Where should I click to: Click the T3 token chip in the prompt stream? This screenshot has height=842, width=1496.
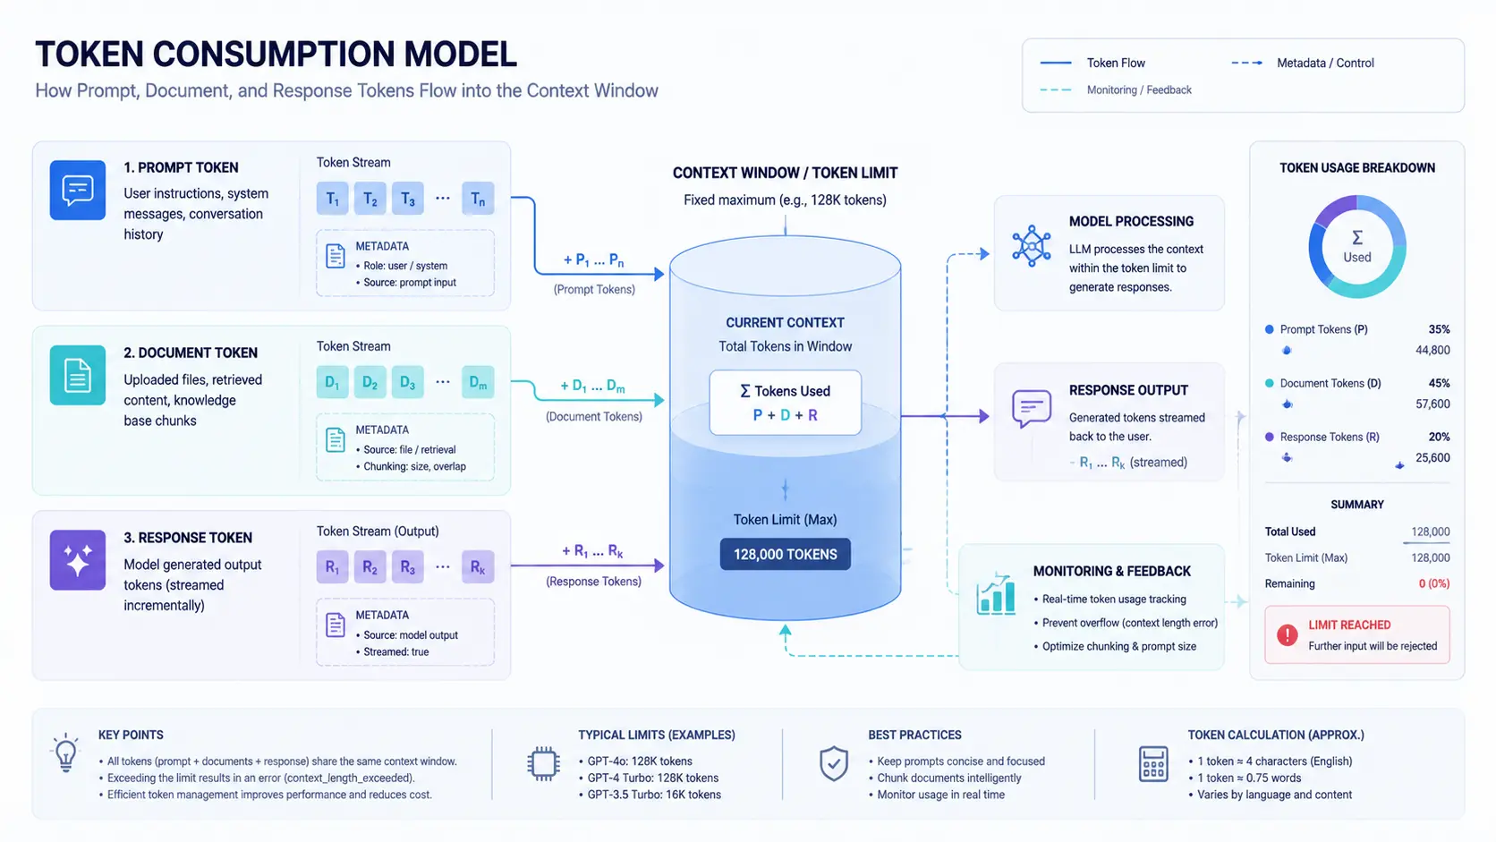tap(407, 199)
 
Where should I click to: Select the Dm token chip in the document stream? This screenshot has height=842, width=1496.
tap(478, 382)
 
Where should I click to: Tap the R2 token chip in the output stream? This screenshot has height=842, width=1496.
tap(370, 567)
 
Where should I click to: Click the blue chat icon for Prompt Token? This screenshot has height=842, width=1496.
tap(78, 191)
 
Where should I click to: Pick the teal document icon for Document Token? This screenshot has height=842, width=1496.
tap(78, 375)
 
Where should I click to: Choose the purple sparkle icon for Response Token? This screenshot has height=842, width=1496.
tap(78, 560)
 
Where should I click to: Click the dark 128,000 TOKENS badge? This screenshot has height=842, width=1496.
tap(786, 554)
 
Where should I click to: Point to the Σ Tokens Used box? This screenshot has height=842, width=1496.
tap(786, 403)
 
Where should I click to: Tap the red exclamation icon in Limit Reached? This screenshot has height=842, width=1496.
tap(1287, 634)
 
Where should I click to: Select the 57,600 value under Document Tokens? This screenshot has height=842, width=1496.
tap(1432, 404)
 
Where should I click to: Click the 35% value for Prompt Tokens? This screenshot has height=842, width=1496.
tap(1440, 329)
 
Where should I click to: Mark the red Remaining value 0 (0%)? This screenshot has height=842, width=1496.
tap(1434, 583)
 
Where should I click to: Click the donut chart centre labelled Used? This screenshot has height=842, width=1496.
tap(1357, 247)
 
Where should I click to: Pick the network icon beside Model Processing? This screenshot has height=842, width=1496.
tap(1032, 246)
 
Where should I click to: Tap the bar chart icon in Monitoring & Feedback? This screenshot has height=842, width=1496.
tap(996, 593)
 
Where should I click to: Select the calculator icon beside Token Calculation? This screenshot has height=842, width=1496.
tap(1153, 764)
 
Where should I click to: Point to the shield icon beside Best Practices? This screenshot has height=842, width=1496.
tap(834, 764)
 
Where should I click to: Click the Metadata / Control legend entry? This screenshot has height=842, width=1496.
tap(1303, 63)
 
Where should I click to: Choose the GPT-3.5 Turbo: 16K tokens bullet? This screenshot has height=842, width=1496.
tap(650, 795)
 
